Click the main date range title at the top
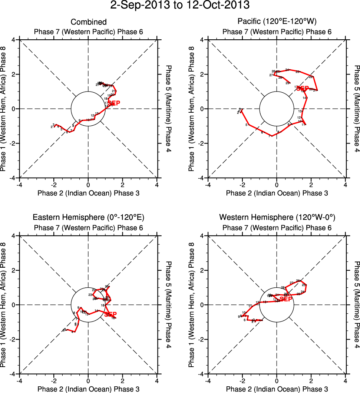180,6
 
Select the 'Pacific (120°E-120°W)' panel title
277,22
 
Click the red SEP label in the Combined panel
114,103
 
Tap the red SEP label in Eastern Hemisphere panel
110,314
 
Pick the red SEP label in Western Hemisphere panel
286,299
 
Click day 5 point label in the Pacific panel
246,125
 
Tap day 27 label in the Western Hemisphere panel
291,283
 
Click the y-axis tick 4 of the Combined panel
15,40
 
